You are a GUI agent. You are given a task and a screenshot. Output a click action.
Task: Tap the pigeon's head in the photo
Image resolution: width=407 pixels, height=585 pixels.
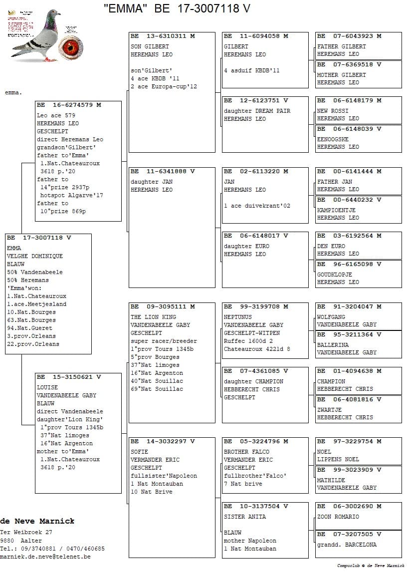(x=52, y=18)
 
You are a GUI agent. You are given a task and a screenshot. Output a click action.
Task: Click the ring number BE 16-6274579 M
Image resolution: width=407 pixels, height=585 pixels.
(x=69, y=105)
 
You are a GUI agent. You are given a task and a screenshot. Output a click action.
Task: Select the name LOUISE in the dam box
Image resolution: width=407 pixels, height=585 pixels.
(x=47, y=387)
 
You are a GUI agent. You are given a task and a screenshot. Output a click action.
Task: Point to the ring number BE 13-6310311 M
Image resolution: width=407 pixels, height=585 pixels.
(x=163, y=36)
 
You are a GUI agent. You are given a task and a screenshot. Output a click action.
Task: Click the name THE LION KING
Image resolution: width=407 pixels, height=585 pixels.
(x=153, y=317)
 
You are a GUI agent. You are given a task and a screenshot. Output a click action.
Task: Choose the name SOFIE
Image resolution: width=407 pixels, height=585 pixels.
(x=140, y=452)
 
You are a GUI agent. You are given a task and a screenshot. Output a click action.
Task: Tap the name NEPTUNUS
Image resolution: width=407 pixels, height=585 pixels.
(x=238, y=317)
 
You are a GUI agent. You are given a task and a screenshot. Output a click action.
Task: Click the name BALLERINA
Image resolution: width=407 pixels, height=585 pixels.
(x=333, y=345)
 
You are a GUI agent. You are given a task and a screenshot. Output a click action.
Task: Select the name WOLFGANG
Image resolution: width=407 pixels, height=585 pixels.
(x=331, y=317)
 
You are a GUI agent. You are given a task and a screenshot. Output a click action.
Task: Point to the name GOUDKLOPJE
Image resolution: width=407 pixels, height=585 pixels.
(x=334, y=275)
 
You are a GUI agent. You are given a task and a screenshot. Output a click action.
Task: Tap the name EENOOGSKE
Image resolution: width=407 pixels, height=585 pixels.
(x=333, y=139)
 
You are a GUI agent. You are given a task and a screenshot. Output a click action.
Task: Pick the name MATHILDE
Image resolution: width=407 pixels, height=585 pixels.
(x=331, y=480)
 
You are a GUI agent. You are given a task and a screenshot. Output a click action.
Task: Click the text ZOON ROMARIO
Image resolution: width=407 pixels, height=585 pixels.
(x=338, y=517)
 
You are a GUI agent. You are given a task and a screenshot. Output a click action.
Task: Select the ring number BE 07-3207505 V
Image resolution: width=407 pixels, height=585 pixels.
(x=349, y=534)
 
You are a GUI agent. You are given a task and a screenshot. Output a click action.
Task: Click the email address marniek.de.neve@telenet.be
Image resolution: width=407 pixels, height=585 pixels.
(x=45, y=557)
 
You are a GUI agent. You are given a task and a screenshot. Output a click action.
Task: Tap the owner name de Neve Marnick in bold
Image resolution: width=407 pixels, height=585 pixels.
(x=37, y=521)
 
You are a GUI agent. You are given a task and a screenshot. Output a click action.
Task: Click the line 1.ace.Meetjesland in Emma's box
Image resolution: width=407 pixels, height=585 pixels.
(x=36, y=304)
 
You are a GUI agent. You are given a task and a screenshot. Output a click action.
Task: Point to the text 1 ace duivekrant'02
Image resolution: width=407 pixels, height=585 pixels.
(x=257, y=206)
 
